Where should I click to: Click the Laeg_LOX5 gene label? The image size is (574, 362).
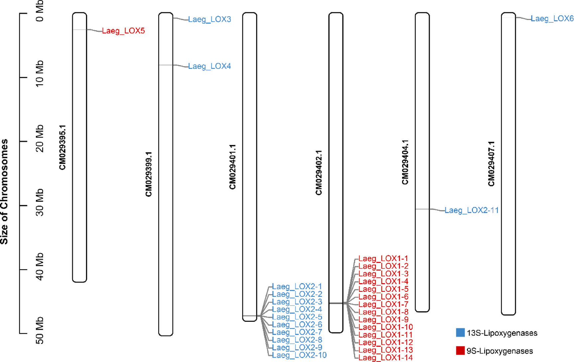[123, 31]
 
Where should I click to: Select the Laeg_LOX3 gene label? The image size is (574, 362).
[209, 19]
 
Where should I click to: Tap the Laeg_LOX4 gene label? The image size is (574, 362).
[209, 66]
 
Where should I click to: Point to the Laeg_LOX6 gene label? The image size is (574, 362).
[552, 19]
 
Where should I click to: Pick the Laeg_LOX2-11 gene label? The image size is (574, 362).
[472, 210]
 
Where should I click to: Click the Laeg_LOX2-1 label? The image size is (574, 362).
[297, 287]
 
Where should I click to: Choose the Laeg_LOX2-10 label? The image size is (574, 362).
[299, 355]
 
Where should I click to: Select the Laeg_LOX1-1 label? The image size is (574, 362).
[383, 259]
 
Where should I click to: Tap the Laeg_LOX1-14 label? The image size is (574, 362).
[386, 358]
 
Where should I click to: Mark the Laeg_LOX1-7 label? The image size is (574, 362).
[383, 304]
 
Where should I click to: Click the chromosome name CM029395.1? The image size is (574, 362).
[62, 147]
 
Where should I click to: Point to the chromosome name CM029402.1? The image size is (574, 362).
[319, 173]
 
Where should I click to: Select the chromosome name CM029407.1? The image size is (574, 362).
[491, 164]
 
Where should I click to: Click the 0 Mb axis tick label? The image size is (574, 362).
[40, 13]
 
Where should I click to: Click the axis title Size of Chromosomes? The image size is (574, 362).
[4, 192]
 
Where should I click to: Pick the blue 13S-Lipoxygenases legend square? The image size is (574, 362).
[460, 332]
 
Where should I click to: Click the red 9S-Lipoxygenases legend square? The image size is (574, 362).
[460, 351]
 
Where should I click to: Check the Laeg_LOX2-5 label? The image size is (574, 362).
[297, 317]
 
